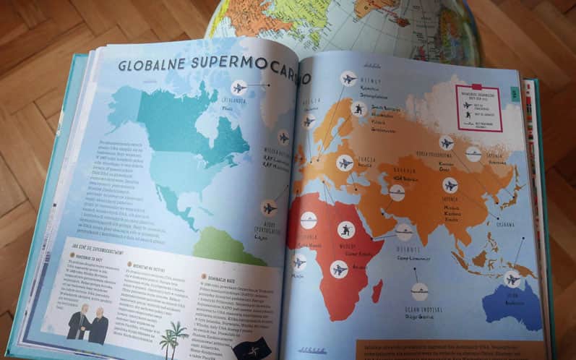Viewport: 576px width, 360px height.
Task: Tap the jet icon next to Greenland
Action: point(239,87)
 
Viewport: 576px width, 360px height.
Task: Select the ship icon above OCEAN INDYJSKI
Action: point(419,291)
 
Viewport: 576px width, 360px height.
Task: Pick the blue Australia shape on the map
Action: point(513,304)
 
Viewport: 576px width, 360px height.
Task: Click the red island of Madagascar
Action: point(377,291)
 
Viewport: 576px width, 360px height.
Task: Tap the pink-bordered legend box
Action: point(478,107)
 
